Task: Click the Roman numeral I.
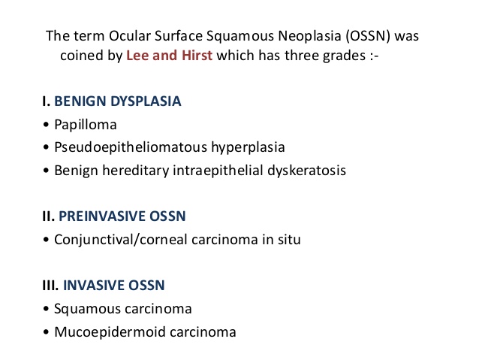tap(46, 100)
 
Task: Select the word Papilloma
tap(86, 124)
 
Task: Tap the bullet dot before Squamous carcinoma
tap(47, 309)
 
